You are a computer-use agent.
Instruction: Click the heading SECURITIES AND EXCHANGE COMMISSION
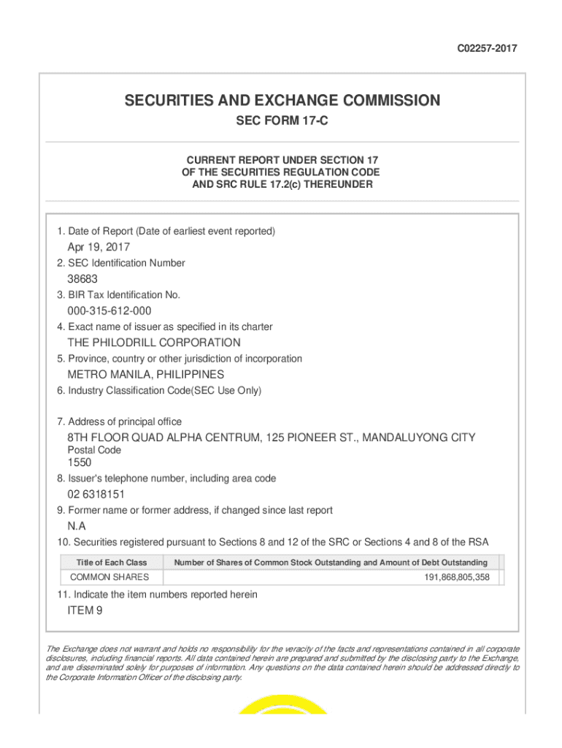[282, 100]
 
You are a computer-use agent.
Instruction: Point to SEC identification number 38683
[82, 279]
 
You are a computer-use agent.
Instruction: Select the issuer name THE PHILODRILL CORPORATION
[154, 343]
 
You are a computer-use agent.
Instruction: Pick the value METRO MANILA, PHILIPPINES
[146, 375]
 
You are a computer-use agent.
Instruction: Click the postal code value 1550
[80, 462]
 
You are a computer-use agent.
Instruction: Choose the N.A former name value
[77, 526]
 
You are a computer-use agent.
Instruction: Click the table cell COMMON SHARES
[109, 577]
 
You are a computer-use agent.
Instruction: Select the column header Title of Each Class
[112, 562]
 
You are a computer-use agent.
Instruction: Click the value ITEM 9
[85, 611]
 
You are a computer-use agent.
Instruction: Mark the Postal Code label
[94, 450]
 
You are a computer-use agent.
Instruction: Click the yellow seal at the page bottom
[282, 705]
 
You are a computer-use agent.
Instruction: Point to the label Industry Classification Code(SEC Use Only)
[159, 391]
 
